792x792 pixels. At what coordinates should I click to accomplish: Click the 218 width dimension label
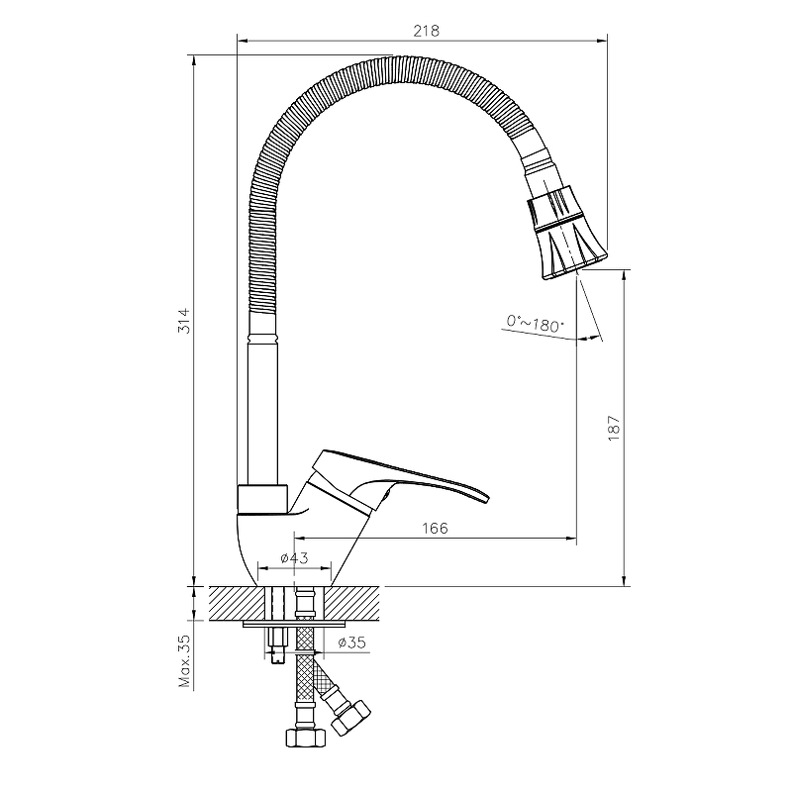(x=427, y=31)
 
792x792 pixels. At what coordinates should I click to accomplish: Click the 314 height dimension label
(x=185, y=320)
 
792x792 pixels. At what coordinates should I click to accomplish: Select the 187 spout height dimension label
(x=613, y=429)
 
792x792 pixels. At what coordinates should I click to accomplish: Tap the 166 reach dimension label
(x=435, y=529)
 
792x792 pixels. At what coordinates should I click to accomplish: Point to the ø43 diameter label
(x=294, y=557)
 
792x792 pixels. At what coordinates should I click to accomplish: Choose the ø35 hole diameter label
(x=352, y=643)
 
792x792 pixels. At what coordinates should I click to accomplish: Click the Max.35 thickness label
(x=185, y=661)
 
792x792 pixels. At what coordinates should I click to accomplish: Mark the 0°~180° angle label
(x=535, y=324)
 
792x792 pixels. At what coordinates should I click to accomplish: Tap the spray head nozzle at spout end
(x=564, y=234)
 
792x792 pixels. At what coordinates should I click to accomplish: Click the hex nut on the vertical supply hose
(x=306, y=738)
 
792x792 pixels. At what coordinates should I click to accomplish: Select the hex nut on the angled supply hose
(x=351, y=718)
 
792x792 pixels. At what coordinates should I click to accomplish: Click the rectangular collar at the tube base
(x=262, y=500)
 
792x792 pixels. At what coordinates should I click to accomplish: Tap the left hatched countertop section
(x=238, y=604)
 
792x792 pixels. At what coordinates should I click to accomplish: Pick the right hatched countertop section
(x=351, y=604)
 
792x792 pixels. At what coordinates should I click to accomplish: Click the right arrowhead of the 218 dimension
(x=602, y=41)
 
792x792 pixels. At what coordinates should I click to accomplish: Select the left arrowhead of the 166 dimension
(x=300, y=539)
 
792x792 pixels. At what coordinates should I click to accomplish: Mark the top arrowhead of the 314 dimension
(x=193, y=59)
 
